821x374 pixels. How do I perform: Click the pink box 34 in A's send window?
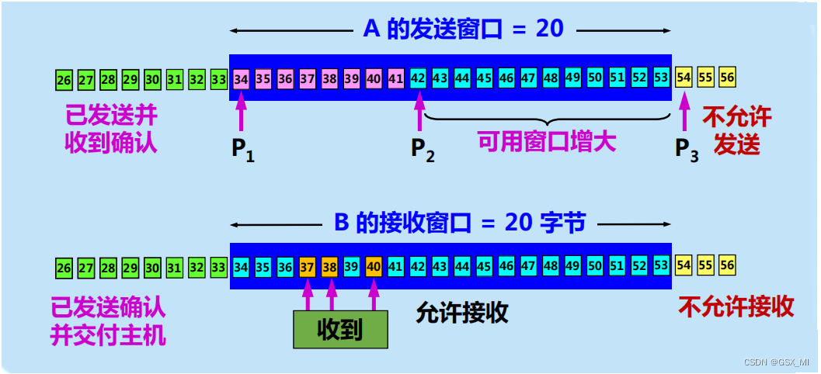point(242,78)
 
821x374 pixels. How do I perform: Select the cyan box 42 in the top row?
point(418,78)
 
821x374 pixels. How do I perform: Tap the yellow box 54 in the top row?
point(684,78)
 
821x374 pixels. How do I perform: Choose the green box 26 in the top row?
point(64,79)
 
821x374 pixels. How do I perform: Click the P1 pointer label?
point(242,149)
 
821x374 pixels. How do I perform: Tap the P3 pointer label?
point(685,149)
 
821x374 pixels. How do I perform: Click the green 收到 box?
point(340,330)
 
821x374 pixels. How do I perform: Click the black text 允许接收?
point(461,312)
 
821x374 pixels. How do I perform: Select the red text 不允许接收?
point(736,306)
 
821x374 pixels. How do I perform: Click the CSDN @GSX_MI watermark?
point(776,362)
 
